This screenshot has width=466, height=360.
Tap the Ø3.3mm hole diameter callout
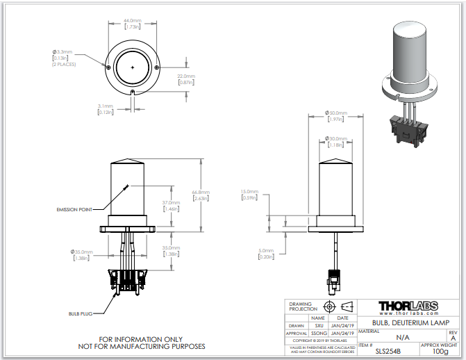coord(63,52)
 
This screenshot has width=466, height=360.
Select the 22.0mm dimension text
coord(185,75)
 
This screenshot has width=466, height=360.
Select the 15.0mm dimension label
coord(249,191)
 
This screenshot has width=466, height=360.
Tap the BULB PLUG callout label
coord(81,313)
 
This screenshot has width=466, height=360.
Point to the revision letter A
coord(453,338)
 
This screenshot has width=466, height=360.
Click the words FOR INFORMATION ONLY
coord(144,338)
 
